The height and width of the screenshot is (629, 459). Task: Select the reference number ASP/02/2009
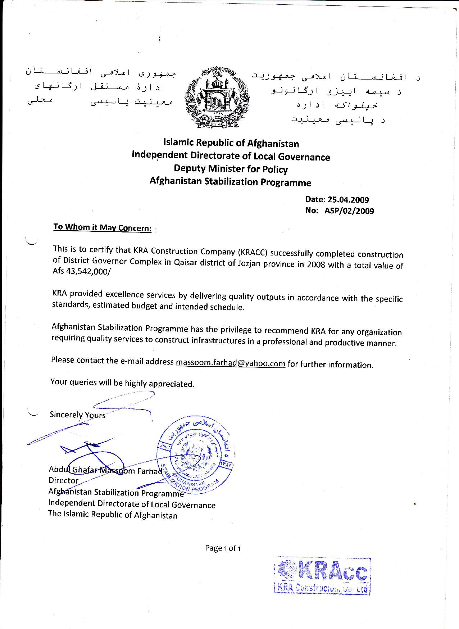[x=349, y=211]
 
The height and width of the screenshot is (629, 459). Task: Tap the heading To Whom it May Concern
[x=102, y=227]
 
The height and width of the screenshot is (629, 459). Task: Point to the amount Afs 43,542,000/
[x=82, y=272]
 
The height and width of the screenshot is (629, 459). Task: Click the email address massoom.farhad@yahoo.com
[x=230, y=363]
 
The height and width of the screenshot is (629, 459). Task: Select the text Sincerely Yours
[x=77, y=415]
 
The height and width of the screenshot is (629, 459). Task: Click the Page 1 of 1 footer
[x=223, y=548]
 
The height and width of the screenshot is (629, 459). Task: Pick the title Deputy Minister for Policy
[x=231, y=169]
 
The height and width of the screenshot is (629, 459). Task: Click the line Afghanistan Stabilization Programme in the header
[x=230, y=182]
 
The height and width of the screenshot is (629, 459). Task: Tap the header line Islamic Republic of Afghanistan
[x=231, y=143]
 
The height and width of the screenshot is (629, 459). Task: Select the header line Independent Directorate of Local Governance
[x=231, y=156]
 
